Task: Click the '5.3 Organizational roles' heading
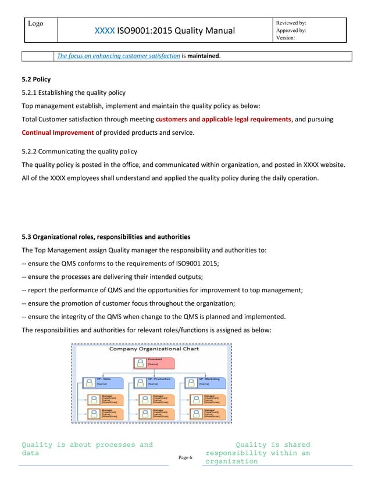coord(105,237)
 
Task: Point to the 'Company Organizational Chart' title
coord(150,349)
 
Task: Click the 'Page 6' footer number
coord(185,458)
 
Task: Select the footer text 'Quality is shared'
coord(273,445)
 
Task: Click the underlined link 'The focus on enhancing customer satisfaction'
coord(117,56)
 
